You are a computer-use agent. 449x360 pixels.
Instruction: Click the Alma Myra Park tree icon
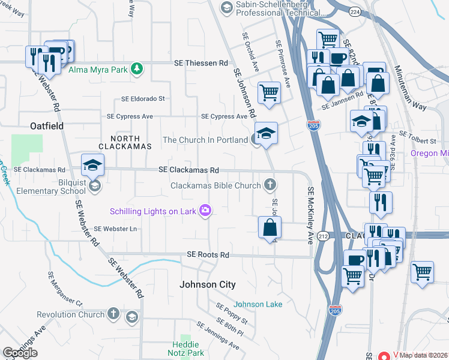137,69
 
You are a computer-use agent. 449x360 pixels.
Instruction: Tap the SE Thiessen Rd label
201,63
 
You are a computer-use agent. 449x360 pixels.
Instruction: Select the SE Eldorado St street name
143,98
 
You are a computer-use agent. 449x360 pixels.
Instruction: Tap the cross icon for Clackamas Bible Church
270,185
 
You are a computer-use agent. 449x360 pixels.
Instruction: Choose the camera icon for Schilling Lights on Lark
206,210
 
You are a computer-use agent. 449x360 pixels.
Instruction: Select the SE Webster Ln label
115,229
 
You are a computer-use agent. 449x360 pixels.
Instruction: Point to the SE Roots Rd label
208,255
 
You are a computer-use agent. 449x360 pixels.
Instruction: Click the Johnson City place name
208,284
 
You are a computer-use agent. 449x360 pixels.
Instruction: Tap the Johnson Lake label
257,304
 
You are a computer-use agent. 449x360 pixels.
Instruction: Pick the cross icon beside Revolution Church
113,314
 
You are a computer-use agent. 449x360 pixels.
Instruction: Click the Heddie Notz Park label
185,349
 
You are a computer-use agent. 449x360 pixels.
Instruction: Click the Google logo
20,353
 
